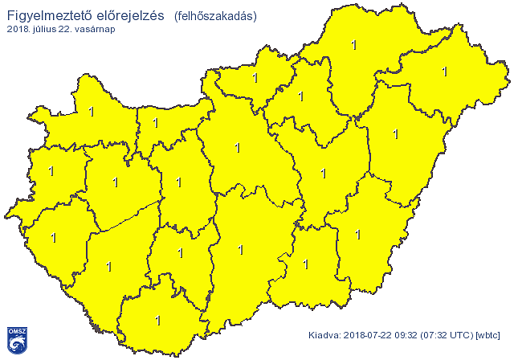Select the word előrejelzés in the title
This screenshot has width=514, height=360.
click(124, 15)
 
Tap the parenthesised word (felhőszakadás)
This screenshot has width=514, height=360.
click(215, 16)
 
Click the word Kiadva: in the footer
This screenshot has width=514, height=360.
click(326, 334)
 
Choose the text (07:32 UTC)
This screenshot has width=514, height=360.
click(451, 334)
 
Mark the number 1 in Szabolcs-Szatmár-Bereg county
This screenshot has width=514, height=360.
click(444, 72)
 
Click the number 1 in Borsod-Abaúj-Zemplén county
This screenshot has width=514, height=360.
click(354, 46)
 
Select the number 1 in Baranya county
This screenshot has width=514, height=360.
click(157, 321)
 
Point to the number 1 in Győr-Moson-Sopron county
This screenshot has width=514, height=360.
click(91, 112)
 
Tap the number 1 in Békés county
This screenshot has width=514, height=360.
click(357, 235)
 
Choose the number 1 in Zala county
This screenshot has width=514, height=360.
click(54, 237)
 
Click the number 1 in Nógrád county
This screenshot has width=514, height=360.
click(255, 78)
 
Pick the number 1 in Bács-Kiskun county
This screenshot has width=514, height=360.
click(241, 250)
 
